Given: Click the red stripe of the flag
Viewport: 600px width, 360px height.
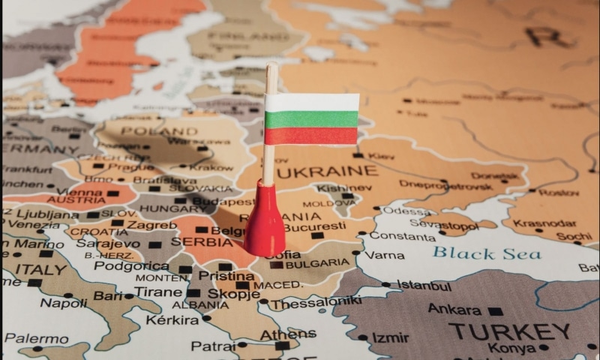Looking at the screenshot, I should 310,136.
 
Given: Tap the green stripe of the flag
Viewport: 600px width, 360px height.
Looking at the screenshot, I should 310,118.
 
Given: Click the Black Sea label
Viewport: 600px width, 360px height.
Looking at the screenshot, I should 486,253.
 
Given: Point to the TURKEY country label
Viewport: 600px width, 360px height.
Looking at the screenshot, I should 509,331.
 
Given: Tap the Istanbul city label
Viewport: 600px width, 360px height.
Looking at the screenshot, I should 424,286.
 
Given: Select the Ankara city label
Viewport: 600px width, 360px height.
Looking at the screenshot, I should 454,309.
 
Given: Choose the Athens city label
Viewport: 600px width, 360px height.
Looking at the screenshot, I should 277,334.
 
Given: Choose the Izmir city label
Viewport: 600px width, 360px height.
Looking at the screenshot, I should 390,338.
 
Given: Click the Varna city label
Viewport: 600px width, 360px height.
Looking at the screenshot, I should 385,255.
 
